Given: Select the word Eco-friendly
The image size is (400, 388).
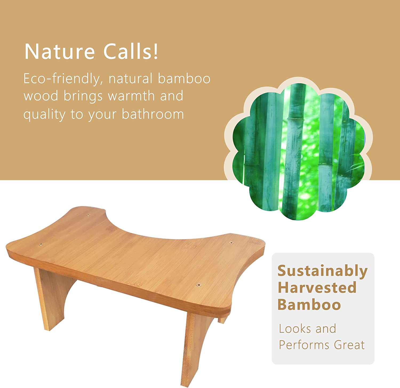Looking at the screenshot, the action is (61, 79).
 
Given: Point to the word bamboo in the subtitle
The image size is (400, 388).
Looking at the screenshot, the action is (184, 79).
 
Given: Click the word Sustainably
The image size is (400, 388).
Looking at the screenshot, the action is (323, 272).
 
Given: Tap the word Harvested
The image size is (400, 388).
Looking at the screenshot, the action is (317, 288).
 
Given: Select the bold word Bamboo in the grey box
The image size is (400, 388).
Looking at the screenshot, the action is (309, 304).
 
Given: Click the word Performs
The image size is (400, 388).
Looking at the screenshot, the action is (305, 345).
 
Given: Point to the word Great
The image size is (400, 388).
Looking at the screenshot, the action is (349, 345).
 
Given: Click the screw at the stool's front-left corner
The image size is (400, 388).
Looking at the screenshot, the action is (41, 244).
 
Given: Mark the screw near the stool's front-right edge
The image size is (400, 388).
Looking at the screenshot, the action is (199, 285).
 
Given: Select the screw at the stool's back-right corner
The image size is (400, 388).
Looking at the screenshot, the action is (231, 243).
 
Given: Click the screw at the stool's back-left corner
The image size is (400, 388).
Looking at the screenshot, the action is (89, 215).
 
